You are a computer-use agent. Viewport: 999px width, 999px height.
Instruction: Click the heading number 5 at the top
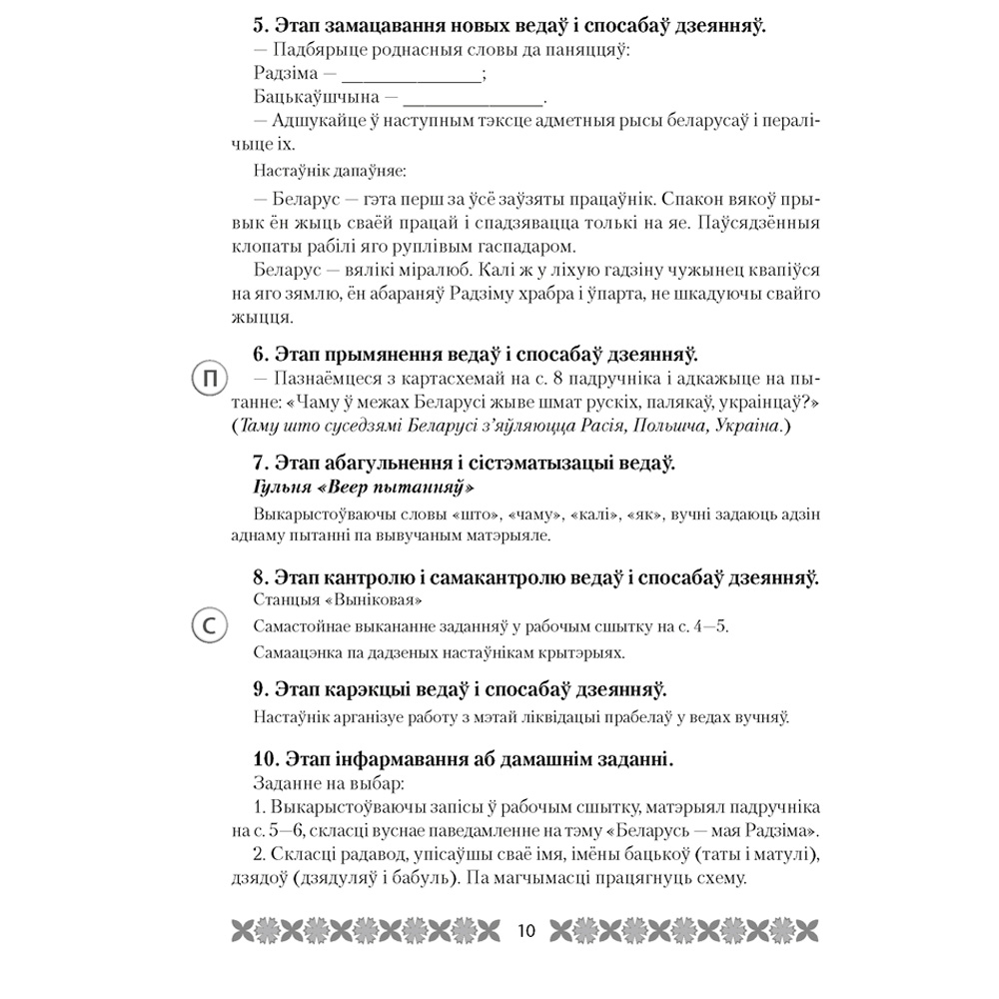[251, 28]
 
